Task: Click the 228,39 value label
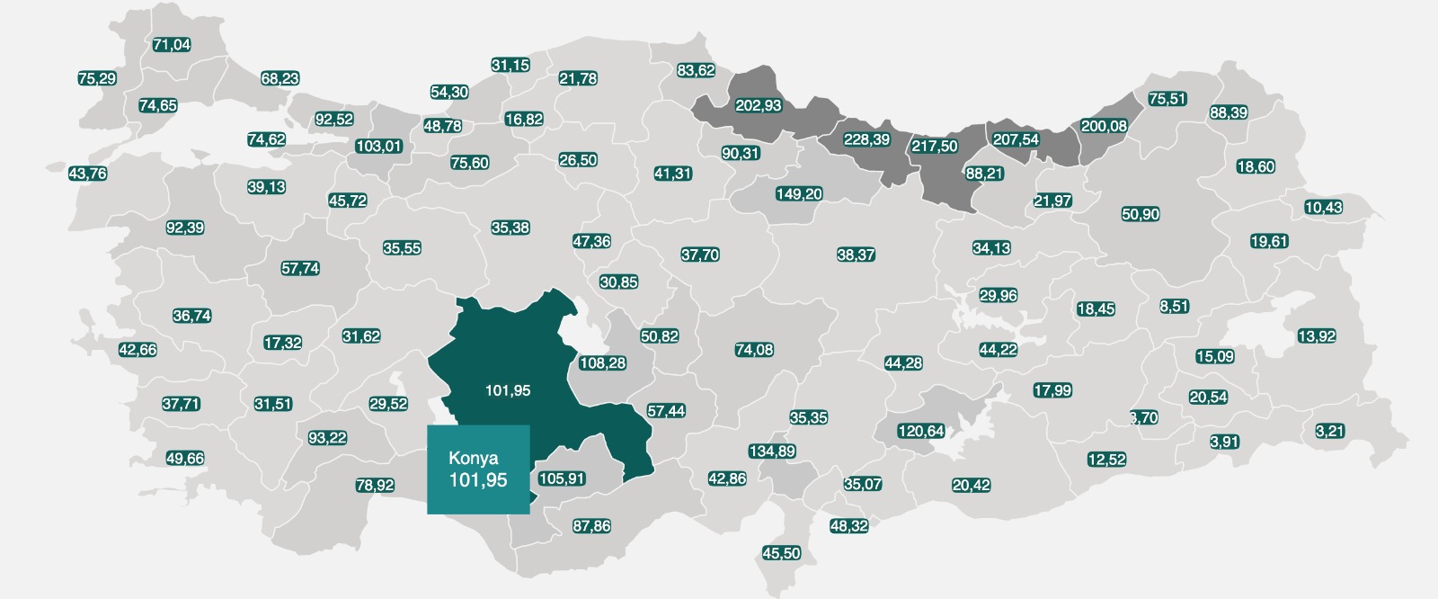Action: pos(866,139)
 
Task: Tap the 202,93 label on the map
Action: pos(758,105)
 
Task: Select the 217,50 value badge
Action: pos(934,146)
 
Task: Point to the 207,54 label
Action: pos(1016,139)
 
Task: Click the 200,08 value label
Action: pos(1103,126)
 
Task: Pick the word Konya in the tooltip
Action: pos(473,458)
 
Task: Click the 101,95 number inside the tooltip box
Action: pos(478,480)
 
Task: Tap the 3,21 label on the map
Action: pos(1329,431)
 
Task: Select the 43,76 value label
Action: pos(87,174)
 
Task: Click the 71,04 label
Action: pos(171,44)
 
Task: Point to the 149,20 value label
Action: pos(799,193)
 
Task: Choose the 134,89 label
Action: pos(771,451)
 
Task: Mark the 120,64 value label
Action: pos(921,431)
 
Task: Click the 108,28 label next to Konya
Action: pos(603,363)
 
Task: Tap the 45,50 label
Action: pos(781,553)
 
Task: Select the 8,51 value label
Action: pos(1174,306)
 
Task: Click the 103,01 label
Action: pos(378,146)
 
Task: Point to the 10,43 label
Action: pos(1323,207)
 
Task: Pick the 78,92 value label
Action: pos(375,485)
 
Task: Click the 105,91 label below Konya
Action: pos(563,478)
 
